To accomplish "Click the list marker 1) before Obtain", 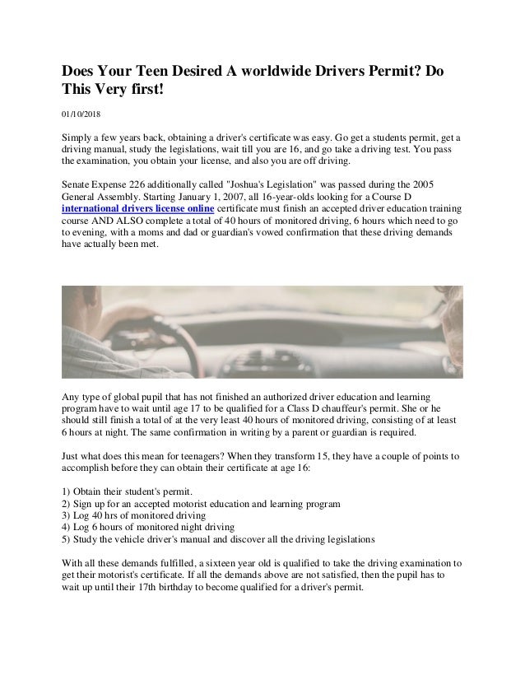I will pos(68,491).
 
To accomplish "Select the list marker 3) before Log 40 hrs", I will pos(68,515).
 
